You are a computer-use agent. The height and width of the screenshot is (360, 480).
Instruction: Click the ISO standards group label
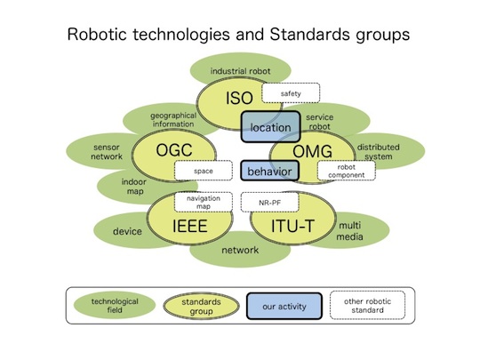(239, 98)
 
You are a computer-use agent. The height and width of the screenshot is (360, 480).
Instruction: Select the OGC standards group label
(174, 150)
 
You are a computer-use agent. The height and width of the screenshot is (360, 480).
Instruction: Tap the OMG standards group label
(312, 151)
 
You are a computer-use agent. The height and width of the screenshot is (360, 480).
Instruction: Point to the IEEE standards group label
(190, 226)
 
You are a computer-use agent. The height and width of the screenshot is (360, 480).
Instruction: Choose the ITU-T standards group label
(292, 227)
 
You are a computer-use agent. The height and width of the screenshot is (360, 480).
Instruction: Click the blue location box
(270, 127)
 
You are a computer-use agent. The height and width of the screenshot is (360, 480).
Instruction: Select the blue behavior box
(269, 171)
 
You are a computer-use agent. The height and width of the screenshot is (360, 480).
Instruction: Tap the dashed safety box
(291, 92)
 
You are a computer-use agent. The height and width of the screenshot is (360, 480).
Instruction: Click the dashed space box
(204, 171)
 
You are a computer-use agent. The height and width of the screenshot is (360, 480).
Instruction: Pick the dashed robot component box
(347, 171)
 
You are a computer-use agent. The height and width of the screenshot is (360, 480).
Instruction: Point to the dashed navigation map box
(204, 202)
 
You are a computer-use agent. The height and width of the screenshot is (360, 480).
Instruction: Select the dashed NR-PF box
(269, 202)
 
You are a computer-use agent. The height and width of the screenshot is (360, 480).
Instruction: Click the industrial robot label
(240, 71)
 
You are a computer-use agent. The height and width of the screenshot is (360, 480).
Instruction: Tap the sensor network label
(107, 152)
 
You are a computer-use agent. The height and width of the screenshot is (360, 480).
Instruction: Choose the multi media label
(349, 231)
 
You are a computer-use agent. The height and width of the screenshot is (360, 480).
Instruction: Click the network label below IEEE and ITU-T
(240, 250)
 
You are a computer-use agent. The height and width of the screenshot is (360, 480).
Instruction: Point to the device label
(127, 231)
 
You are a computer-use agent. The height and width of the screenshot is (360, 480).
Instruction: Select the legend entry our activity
(284, 306)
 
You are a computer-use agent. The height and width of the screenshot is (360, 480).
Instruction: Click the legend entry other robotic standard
(367, 306)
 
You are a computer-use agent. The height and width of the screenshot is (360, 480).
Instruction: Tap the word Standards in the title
(309, 35)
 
